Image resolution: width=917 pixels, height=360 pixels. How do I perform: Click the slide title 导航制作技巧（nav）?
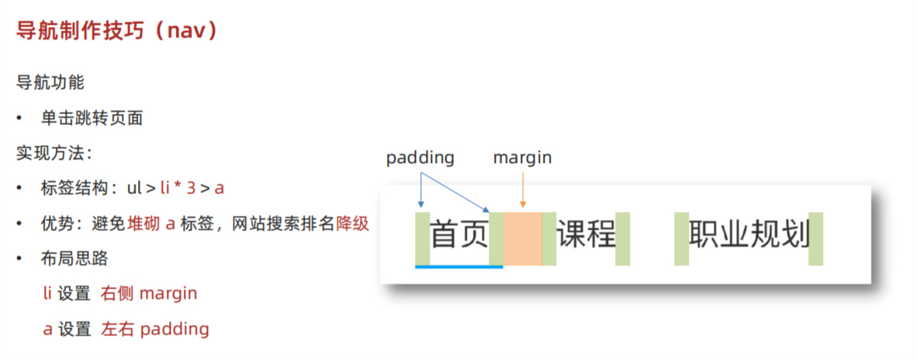click(x=117, y=31)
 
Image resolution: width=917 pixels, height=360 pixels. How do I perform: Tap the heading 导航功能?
click(x=50, y=81)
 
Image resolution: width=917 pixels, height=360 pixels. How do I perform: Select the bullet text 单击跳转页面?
click(x=92, y=119)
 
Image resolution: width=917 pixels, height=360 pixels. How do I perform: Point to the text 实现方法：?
click(x=54, y=153)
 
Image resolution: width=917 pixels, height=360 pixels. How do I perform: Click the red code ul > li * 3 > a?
click(x=175, y=189)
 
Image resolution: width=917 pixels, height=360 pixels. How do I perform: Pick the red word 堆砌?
click(x=144, y=224)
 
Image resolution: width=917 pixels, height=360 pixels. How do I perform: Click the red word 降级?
click(x=352, y=224)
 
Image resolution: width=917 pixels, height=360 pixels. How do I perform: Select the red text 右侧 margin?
click(x=149, y=293)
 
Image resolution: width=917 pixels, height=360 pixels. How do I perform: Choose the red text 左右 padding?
click(x=155, y=329)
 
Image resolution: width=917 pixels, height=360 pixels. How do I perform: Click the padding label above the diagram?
click(x=420, y=157)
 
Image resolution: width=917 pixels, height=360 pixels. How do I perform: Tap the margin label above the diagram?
click(x=522, y=157)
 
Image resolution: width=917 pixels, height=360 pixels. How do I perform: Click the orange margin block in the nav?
click(x=522, y=237)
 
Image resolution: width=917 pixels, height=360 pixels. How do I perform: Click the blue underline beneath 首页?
click(x=458, y=267)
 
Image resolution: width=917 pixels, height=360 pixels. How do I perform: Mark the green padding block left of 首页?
click(x=422, y=237)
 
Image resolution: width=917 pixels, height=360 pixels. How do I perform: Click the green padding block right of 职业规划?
click(x=815, y=237)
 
